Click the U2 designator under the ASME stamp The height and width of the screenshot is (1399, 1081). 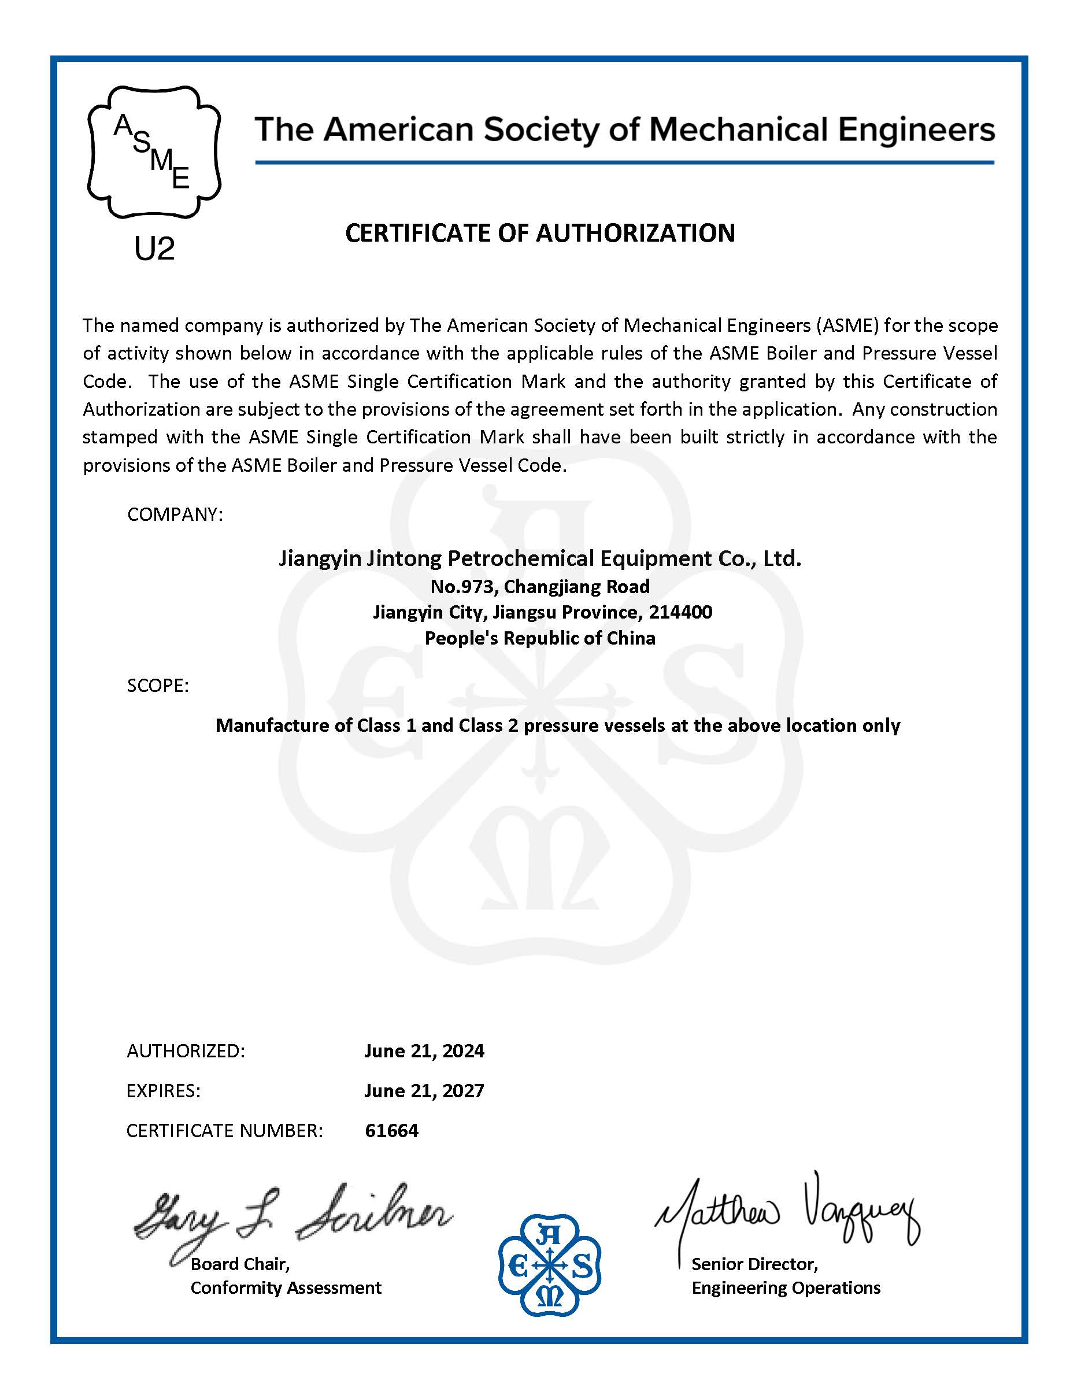[154, 249]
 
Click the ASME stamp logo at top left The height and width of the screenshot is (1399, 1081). [154, 151]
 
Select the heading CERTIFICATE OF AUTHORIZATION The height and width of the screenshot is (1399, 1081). [540, 233]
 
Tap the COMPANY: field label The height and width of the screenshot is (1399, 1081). [175, 515]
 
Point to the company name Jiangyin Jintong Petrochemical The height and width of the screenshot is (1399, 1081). [539, 558]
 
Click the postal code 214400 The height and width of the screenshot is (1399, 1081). [680, 612]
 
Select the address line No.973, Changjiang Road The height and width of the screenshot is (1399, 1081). [540, 586]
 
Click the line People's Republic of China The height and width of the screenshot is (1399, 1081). [540, 638]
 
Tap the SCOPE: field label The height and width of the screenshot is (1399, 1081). [158, 686]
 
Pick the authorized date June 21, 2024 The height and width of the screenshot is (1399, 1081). [424, 1050]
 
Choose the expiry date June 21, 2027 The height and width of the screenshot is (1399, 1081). [424, 1090]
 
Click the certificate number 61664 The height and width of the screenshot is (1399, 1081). [391, 1130]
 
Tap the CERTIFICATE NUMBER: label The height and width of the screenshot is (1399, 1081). [224, 1131]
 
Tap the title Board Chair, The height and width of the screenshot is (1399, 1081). [240, 1264]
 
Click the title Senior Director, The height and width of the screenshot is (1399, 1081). [754, 1264]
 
